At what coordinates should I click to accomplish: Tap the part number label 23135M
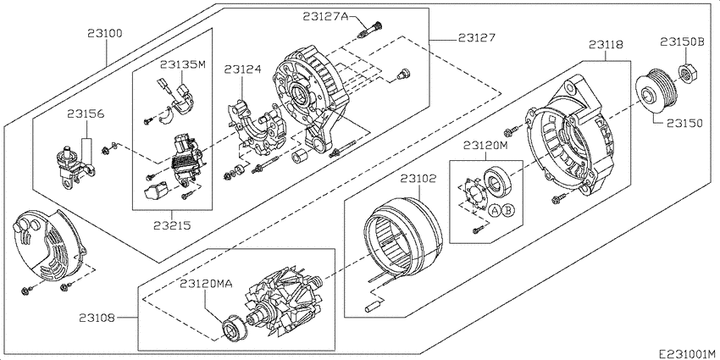pos(183,64)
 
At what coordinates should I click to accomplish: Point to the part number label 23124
pos(243,69)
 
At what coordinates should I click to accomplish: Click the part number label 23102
pos(418,179)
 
